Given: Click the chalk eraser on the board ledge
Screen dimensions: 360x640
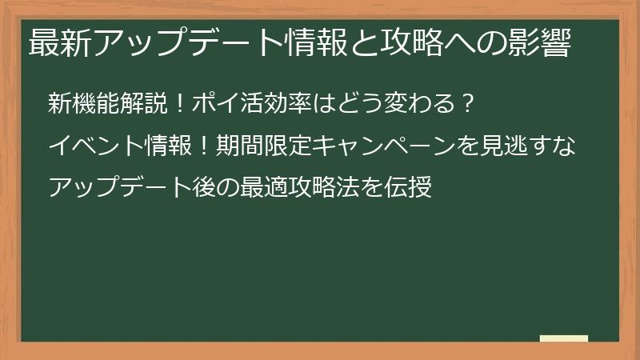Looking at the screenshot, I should pyautogui.click(x=564, y=339).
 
